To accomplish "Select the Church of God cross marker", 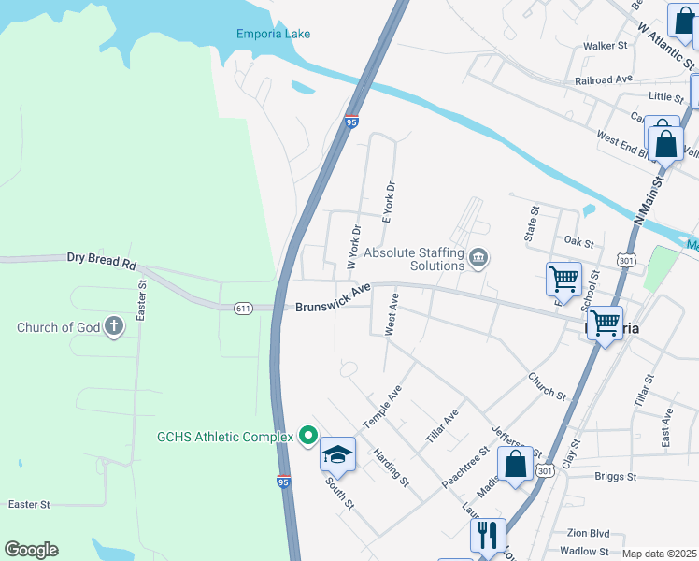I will point(113,327).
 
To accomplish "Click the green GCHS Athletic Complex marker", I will point(307,436).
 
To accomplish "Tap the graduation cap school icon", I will point(337,454).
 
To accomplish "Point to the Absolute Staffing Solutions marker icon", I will point(478,257).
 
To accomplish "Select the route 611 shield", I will point(243,307).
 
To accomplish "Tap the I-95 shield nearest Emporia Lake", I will point(351,122).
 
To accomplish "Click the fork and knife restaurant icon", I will point(488,535).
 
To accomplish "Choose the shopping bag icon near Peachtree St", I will point(515,464).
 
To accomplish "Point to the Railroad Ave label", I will point(605,81).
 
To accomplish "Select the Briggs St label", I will point(615,476).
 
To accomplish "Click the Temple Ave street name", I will point(382,406).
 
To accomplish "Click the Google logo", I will point(31,550).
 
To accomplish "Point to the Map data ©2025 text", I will point(659,554).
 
